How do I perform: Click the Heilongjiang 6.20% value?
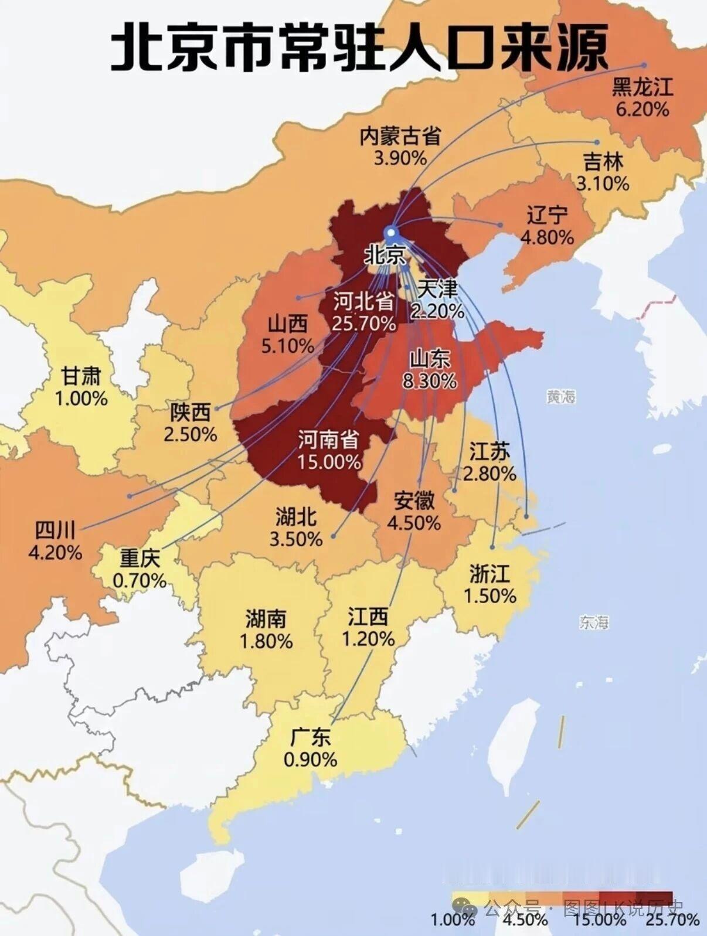coord(642,109)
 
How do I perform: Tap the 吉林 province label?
coord(603,162)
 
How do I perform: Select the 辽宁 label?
coord(546,215)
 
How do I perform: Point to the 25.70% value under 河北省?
coord(363,323)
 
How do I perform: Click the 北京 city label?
coord(385,256)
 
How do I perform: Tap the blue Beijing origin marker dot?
coord(391,233)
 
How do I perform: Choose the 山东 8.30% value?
coord(430,381)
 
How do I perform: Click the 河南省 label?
coord(328,439)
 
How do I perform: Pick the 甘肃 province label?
coord(81,376)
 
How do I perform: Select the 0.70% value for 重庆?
coord(140,581)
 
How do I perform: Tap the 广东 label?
coord(310,737)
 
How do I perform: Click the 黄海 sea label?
coord(561,397)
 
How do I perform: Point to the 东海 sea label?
coord(594,622)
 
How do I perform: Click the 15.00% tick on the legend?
coord(599,920)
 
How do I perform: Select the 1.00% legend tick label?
coord(453,920)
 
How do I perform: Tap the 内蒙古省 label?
coord(400,136)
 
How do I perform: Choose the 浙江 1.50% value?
coord(490,596)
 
